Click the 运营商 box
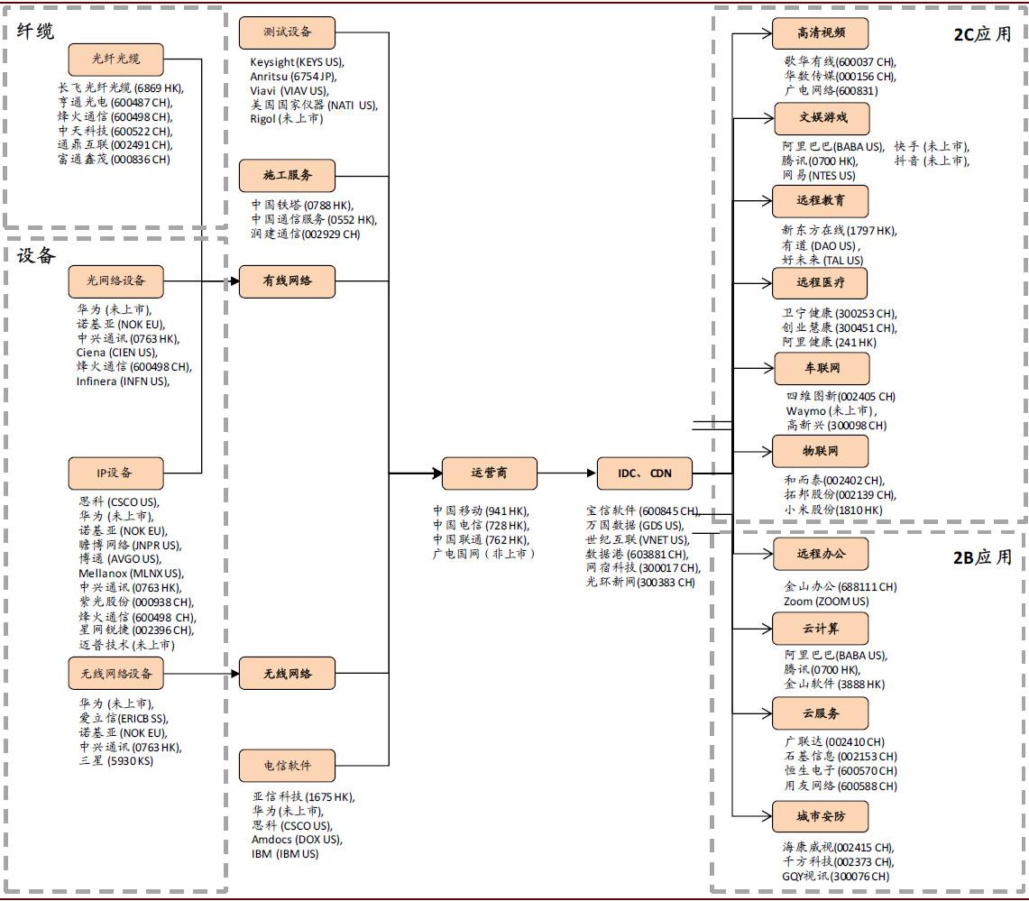pyautogui.click(x=490, y=473)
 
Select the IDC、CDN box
pyautogui.click(x=645, y=473)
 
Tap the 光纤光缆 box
pyautogui.click(x=115, y=59)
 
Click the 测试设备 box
pyautogui.click(x=287, y=32)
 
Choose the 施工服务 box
pyautogui.click(x=287, y=175)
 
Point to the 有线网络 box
pyautogui.click(x=287, y=280)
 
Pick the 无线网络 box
pyautogui.click(x=287, y=674)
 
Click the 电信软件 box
pyautogui.click(x=287, y=765)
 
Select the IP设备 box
pyautogui.click(x=115, y=473)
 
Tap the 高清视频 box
pyautogui.click(x=821, y=32)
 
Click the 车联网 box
pyautogui.click(x=822, y=368)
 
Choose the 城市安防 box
pyautogui.click(x=821, y=816)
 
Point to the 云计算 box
pyautogui.click(x=821, y=629)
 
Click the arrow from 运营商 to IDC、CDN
pyautogui.click(x=567, y=473)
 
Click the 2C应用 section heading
pyautogui.click(x=982, y=34)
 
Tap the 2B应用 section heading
pyautogui.click(x=982, y=557)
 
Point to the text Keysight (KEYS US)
pyautogui.click(x=296, y=61)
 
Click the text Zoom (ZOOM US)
pyautogui.click(x=826, y=601)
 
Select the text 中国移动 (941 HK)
pyautogui.click(x=481, y=510)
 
